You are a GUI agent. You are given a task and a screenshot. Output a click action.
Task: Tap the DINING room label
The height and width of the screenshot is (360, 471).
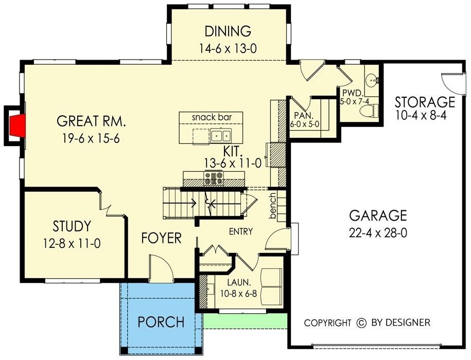228,31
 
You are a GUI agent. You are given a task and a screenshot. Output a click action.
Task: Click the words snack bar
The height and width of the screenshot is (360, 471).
211,117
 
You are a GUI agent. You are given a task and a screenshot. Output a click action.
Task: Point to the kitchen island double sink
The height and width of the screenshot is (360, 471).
220,136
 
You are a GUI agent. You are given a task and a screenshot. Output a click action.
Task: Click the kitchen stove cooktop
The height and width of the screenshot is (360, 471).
214,178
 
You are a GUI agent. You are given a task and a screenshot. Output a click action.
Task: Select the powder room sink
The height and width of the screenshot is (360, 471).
373,81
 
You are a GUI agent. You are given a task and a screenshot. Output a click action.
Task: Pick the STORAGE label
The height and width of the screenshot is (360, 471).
425,102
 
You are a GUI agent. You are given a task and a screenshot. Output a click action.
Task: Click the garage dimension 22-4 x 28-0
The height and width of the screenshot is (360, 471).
378,233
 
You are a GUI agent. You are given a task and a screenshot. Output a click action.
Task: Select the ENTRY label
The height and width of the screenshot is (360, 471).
241,232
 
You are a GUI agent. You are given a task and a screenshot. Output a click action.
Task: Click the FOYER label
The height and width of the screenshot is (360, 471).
162,238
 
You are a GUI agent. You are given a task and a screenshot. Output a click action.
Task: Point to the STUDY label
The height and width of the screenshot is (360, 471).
72,226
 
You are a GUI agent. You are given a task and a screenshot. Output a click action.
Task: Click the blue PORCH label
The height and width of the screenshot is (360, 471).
161,322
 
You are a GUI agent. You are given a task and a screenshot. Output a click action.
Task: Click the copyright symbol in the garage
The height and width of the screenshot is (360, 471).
361,323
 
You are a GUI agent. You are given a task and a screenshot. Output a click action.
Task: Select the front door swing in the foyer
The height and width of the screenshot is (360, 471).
158,268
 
